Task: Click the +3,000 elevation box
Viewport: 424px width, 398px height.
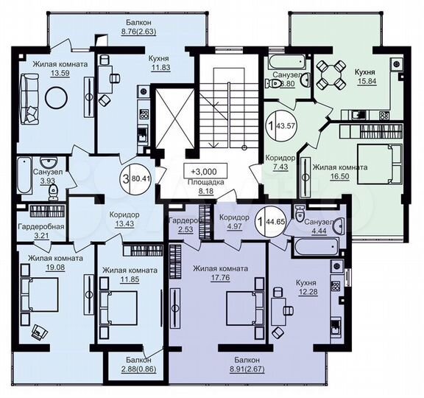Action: [x=205, y=170]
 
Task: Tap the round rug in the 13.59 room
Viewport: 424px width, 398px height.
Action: [x=57, y=97]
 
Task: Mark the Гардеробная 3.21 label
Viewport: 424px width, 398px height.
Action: [x=41, y=231]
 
